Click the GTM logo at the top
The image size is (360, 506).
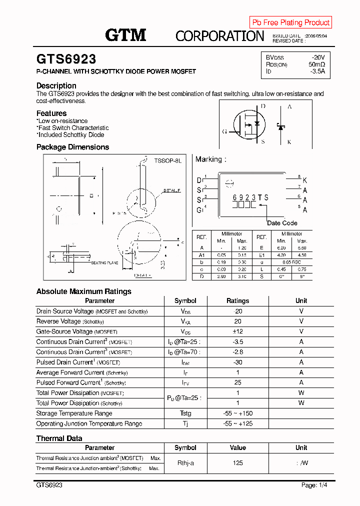point(125,34)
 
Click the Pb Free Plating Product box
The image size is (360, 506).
point(290,22)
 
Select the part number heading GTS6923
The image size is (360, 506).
point(66,59)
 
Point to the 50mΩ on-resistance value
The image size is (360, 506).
point(316,64)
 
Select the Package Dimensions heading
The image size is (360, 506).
point(72,147)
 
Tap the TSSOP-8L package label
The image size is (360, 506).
point(167,160)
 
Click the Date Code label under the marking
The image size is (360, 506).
point(282,223)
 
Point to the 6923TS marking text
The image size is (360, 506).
point(250,197)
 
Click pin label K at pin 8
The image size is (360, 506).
point(305,180)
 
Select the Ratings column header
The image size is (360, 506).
point(237,301)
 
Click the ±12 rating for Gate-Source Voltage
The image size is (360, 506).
point(237,331)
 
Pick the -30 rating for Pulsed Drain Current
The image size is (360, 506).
point(237,362)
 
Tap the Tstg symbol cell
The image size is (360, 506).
point(185,413)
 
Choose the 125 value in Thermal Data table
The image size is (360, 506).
point(237,463)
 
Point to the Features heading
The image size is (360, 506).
point(51,113)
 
